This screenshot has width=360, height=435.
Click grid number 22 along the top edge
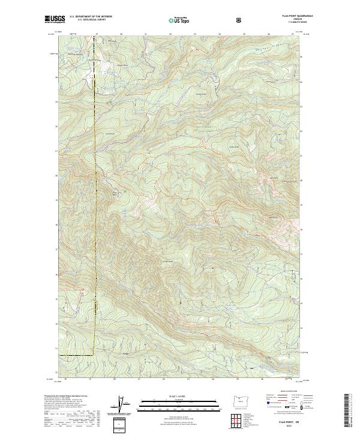click(171, 34)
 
